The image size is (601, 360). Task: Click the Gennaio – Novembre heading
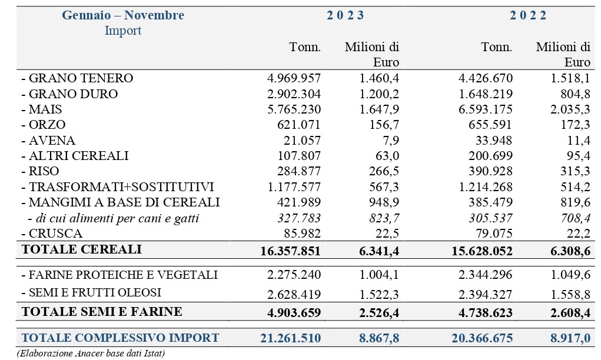[x=123, y=15]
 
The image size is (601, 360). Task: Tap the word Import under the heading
[x=123, y=30]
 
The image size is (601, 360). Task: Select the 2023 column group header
[x=345, y=15]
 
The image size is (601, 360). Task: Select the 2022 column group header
[x=528, y=15]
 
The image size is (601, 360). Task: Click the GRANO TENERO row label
[x=78, y=78]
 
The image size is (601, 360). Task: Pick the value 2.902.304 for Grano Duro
[x=294, y=94]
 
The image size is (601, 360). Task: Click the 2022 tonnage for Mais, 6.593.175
[x=485, y=109]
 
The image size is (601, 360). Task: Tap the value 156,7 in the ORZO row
[x=384, y=125]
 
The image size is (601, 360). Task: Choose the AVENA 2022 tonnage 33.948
[x=494, y=140]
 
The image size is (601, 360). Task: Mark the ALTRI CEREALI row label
[x=75, y=156]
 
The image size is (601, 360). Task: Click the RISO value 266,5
[x=384, y=171]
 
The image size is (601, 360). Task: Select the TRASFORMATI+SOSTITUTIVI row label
[x=118, y=187]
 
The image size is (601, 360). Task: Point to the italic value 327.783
[x=299, y=218]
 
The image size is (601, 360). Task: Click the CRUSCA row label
[x=52, y=233]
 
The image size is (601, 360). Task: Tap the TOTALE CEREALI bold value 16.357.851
[x=290, y=251]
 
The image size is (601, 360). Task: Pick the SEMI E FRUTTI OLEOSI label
[x=91, y=292]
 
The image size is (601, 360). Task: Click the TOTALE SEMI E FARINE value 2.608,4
[x=570, y=313]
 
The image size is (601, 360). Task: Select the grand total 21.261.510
[x=291, y=338]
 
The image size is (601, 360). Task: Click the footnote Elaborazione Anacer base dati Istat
[x=91, y=353]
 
